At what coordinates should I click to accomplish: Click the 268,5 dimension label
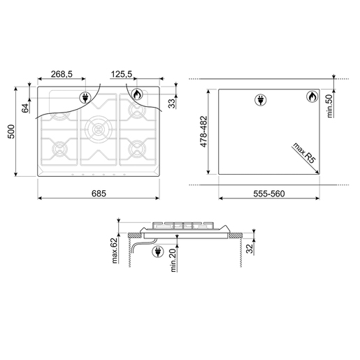pyautogui.click(x=62, y=74)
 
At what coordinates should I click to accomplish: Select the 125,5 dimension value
pyautogui.click(x=122, y=74)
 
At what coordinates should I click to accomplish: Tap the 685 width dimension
pyautogui.click(x=99, y=194)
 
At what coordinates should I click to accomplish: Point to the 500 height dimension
pyautogui.click(x=11, y=131)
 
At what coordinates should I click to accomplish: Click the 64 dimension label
pyautogui.click(x=25, y=108)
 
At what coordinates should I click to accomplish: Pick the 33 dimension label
pyautogui.click(x=172, y=103)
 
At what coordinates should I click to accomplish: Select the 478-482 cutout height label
pyautogui.click(x=203, y=131)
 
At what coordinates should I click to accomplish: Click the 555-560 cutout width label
pyautogui.click(x=269, y=194)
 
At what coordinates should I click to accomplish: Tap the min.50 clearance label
pyautogui.click(x=329, y=106)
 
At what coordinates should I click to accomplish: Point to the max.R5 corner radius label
pyautogui.click(x=304, y=153)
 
